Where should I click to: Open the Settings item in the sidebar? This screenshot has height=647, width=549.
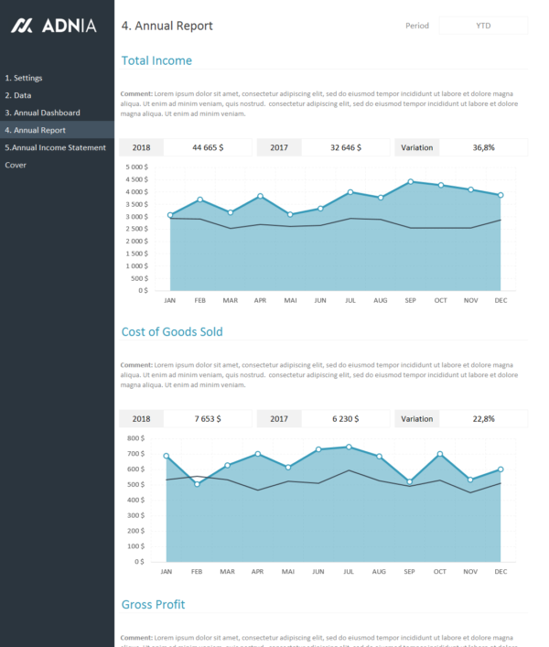[24, 78]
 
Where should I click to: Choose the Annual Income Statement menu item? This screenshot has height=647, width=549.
[55, 147]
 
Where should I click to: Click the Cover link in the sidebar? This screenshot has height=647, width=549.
[16, 165]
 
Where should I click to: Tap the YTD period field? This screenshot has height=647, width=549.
[483, 26]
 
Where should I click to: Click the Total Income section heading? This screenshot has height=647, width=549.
[156, 60]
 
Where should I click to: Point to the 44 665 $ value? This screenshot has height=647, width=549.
[208, 147]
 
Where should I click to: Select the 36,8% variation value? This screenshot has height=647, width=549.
[483, 147]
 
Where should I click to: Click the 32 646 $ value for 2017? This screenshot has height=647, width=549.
[346, 147]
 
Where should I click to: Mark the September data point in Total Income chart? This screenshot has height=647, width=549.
[411, 181]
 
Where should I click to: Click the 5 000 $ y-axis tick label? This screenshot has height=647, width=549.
[135, 167]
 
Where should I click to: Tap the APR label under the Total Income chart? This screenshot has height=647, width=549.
[260, 300]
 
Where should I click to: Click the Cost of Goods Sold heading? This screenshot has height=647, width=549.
[172, 331]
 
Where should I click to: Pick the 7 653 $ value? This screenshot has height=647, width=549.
[208, 418]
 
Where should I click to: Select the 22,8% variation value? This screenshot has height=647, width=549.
[483, 418]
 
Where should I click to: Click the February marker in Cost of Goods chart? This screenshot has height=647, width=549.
[197, 484]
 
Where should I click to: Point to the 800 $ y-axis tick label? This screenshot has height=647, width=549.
[136, 438]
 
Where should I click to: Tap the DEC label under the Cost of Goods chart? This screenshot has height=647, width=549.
[501, 571]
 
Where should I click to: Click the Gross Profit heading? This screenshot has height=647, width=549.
[153, 605]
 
